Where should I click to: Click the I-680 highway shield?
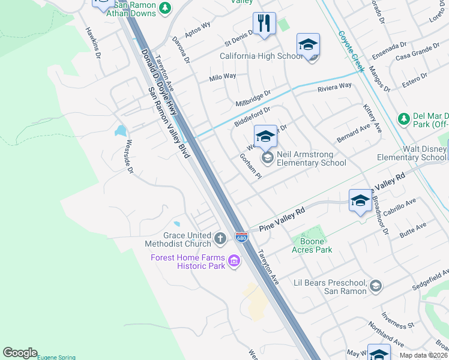point(241,238)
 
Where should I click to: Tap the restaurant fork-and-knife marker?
point(264,24)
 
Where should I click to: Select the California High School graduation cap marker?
point(308,45)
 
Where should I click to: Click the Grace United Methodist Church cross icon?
point(220,239)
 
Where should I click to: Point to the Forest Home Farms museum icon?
point(234,262)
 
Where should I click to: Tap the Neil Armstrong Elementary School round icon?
point(267,158)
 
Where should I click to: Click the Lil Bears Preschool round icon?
point(376,286)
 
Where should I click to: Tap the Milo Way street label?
point(222,77)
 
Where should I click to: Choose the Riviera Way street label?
point(334,86)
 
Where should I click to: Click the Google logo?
point(20,353)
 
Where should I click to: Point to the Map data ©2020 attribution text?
point(423,355)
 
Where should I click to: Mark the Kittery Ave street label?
point(373,118)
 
